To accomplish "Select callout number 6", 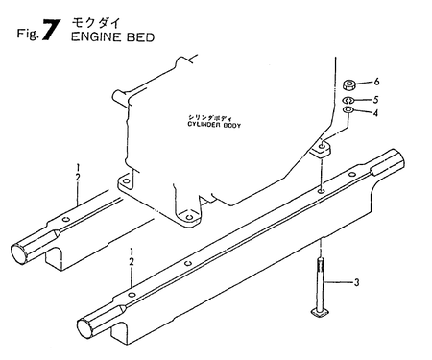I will [375, 84].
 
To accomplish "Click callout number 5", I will [375, 100].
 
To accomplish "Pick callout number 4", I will [375, 113].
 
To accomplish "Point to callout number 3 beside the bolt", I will [357, 282].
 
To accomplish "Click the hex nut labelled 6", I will [352, 84].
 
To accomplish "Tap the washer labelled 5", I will [351, 100].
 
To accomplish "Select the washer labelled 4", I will [351, 112].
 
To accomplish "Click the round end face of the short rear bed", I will [22, 253].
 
